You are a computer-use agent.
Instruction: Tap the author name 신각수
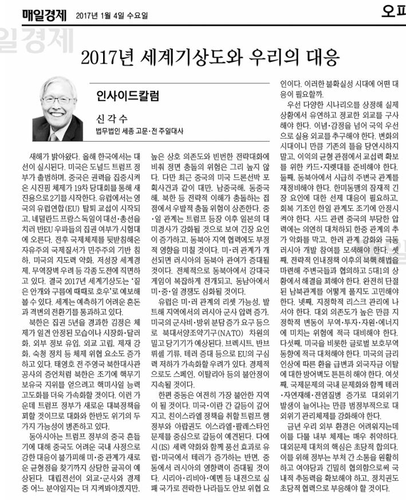112,119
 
